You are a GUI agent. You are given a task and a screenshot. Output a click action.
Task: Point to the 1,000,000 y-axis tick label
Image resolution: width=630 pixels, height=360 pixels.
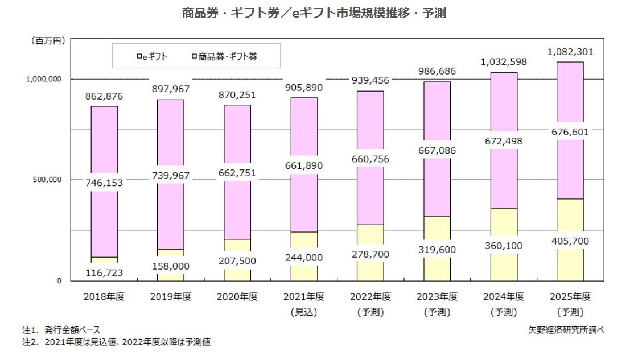pyautogui.click(x=44, y=80)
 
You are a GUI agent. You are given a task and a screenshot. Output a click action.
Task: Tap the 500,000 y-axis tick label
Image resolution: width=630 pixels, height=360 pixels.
pyautogui.click(x=48, y=180)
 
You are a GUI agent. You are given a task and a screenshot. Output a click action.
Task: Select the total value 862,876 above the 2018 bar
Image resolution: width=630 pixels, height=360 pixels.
pyautogui.click(x=104, y=97)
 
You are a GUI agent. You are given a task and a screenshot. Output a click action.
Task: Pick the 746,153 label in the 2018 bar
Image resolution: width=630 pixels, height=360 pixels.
pyautogui.click(x=104, y=183)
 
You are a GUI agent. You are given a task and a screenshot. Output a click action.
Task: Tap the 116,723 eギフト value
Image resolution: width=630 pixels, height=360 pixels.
pyautogui.click(x=104, y=274)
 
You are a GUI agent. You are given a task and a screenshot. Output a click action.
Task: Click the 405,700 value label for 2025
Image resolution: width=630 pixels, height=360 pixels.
pyautogui.click(x=570, y=241)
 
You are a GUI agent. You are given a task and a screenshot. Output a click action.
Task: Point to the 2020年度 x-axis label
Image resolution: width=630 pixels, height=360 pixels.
pyautogui.click(x=237, y=297)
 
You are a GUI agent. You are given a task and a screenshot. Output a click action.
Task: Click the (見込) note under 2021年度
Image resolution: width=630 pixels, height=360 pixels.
pyautogui.click(x=304, y=312)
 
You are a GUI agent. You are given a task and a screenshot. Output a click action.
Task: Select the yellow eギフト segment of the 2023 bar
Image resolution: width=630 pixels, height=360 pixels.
pyautogui.click(x=437, y=227)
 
